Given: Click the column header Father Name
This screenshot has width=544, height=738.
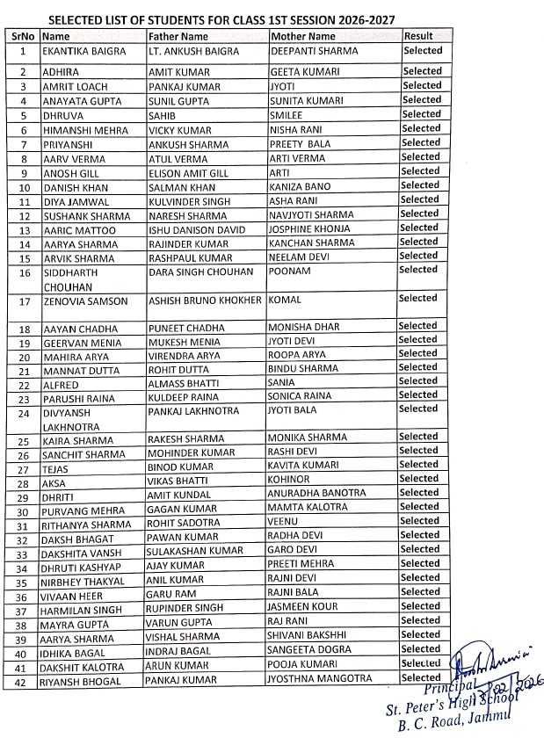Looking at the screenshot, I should coord(178,37).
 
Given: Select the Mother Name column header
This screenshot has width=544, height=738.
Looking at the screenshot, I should coord(302,37).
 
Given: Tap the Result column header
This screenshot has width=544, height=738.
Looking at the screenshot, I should coord(417,36).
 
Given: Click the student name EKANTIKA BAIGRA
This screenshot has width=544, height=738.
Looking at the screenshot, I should coord(83,52).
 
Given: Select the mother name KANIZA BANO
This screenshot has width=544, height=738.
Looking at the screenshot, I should coord(300,186).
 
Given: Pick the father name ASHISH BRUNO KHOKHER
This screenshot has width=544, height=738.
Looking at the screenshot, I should coord(205,300).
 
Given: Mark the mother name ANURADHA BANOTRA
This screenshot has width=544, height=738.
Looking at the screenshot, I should coord(317,494).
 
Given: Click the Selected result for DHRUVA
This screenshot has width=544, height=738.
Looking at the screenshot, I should coord(421,114).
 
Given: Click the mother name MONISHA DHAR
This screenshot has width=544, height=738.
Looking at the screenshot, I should coord(303,327).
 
